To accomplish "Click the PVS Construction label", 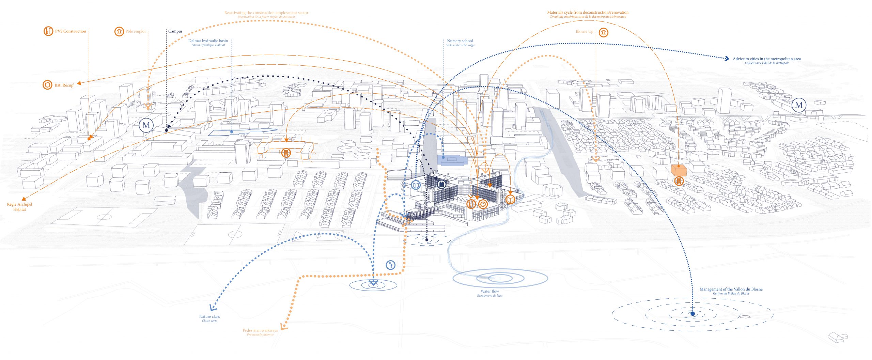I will tap(71, 31).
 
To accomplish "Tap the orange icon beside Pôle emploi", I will tap(119, 32).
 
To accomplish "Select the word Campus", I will tap(175, 31).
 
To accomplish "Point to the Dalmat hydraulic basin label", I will tap(208, 41).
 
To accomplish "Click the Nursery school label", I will tap(460, 41).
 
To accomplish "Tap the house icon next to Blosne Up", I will tap(604, 32).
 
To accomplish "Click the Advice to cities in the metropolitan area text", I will tap(767, 59).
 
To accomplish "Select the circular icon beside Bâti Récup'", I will tap(47, 85).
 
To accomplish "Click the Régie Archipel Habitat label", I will tap(19, 207).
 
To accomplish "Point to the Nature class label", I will tap(209, 317).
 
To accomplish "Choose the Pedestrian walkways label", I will tap(260, 330).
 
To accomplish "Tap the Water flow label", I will tap(490, 292).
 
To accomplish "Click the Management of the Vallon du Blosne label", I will tap(731, 289).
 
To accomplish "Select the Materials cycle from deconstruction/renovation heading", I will tap(588, 13).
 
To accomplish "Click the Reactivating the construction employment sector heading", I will tap(266, 13).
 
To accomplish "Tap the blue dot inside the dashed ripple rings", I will tap(692, 314).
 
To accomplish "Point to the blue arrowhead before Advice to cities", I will tap(727, 59).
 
